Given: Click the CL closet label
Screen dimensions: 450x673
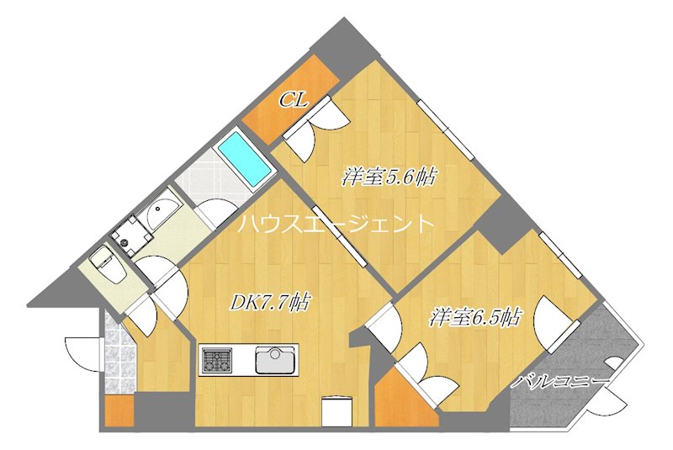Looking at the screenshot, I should click(293, 100).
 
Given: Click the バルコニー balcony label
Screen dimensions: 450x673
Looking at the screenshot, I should click(562, 382).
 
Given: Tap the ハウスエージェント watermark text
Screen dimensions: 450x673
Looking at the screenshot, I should click(336, 225).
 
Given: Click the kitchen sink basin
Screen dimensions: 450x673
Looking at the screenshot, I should click(274, 361).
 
